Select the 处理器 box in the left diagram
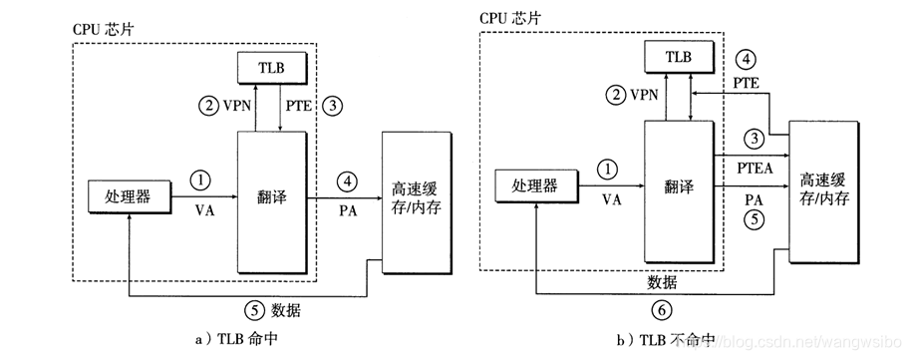point(128,196)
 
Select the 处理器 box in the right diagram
point(535,184)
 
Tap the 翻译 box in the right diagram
point(680,185)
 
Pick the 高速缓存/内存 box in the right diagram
point(826,189)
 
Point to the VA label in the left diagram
point(199,212)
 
